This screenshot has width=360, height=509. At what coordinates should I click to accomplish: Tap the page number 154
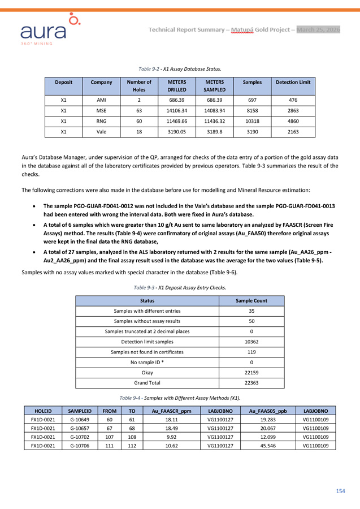tap(340, 491)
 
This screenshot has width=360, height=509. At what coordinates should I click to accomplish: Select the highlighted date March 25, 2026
tap(319, 29)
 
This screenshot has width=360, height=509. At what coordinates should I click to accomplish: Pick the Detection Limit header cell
tap(293, 83)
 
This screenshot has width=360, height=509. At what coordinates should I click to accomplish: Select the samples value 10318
tap(252, 121)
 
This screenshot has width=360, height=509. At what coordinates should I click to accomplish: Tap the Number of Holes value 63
tap(139, 111)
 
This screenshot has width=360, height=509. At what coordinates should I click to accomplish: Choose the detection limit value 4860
tap(293, 121)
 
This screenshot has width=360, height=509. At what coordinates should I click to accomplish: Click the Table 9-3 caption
tap(180, 288)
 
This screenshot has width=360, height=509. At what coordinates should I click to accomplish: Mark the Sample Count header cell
tap(251, 300)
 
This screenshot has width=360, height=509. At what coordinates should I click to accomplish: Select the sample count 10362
tap(251, 342)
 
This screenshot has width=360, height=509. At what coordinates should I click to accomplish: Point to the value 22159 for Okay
tap(251, 373)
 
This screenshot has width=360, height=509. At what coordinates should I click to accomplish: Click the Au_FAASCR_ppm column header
tap(169, 411)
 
